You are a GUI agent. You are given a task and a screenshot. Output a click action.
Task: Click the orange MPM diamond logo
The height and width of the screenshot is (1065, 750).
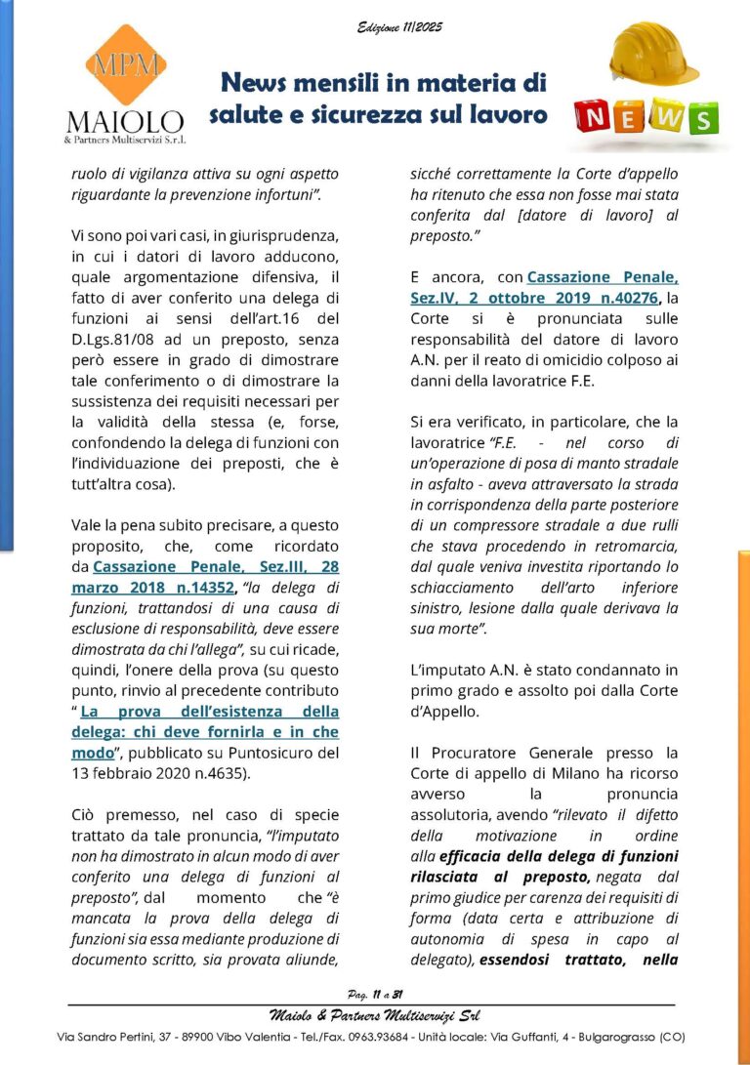[x=124, y=65]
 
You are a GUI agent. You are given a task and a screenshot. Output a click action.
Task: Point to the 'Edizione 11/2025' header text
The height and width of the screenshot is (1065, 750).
[x=399, y=27]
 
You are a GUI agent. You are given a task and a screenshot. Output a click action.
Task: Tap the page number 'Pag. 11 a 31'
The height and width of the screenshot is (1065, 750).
[x=376, y=994]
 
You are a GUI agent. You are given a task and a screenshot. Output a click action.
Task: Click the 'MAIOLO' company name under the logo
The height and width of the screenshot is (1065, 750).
[x=124, y=122]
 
